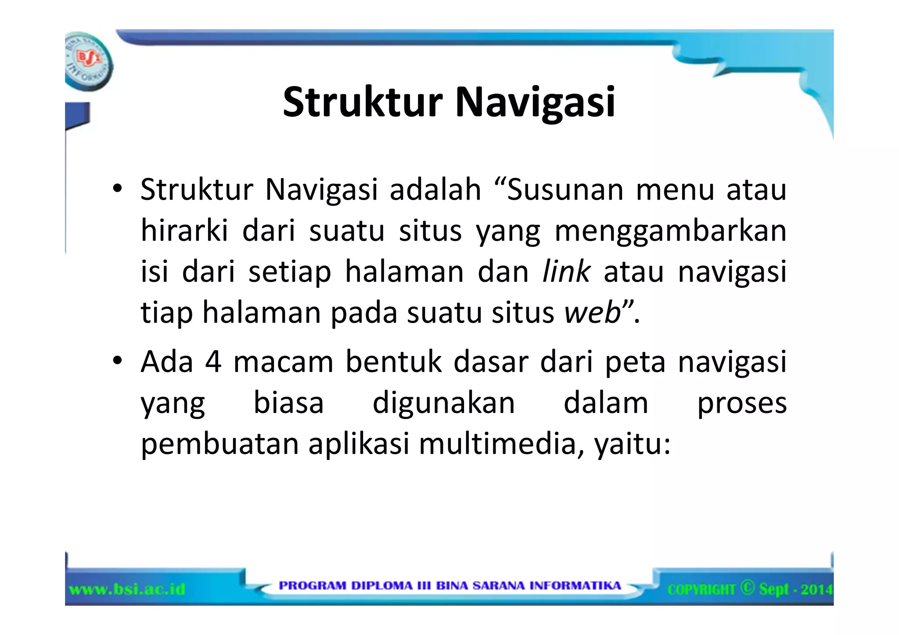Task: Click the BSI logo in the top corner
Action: [88, 61]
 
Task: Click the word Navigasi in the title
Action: [535, 103]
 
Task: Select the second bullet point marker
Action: [117, 361]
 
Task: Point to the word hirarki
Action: [185, 231]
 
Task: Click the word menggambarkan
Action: [670, 232]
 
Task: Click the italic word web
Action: [593, 312]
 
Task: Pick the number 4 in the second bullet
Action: [213, 362]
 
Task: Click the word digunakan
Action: [443, 403]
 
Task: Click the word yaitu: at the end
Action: [632, 445]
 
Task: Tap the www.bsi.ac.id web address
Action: [127, 589]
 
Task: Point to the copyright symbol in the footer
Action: [747, 588]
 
